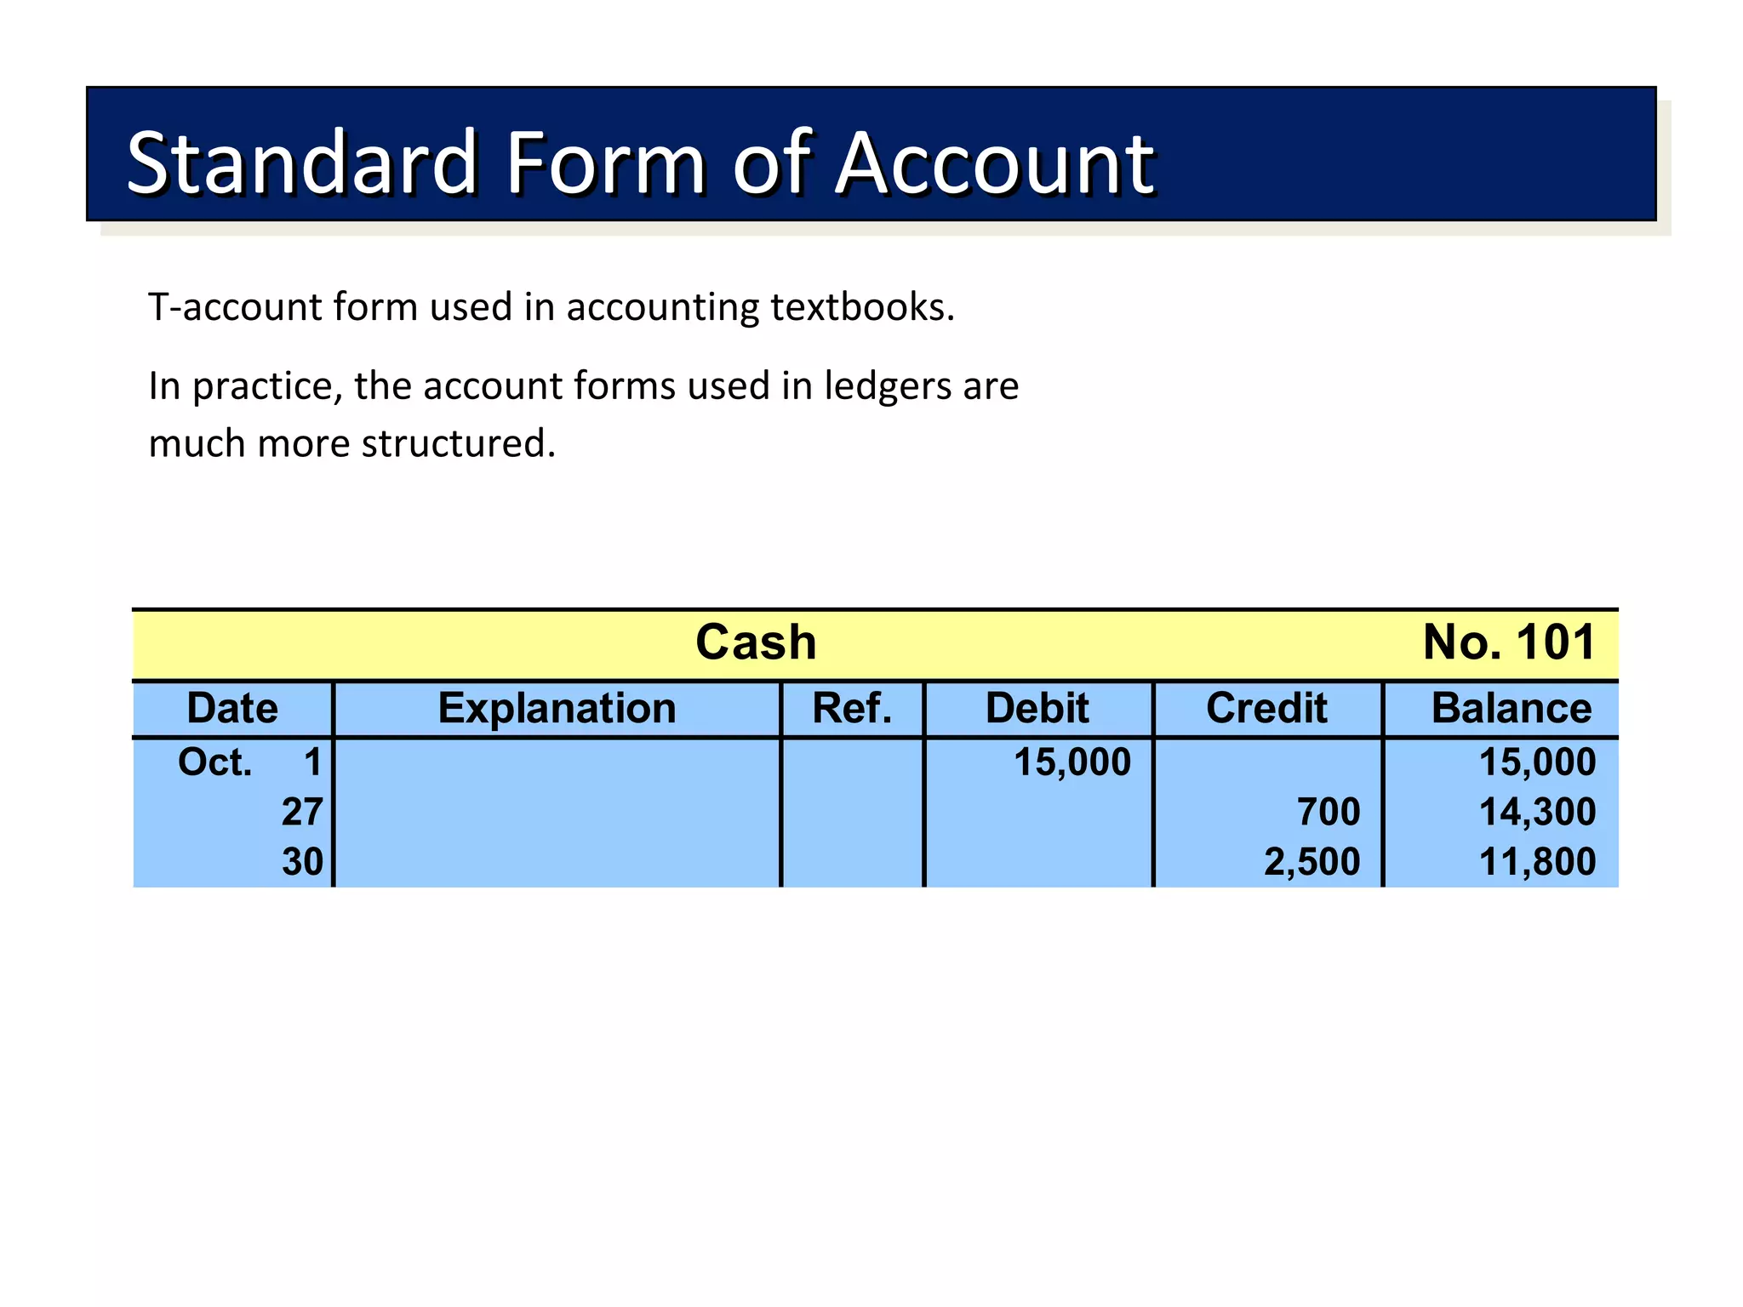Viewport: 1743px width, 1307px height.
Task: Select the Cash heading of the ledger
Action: pos(756,642)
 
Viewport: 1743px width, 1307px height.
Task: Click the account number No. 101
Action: pos(1509,642)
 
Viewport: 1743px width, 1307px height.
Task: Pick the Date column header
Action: pos(232,709)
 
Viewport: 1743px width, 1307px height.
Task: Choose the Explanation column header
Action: pos(557,709)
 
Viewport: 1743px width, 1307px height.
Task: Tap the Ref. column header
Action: pos(852,709)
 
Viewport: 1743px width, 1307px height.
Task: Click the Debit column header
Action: pos(1037,709)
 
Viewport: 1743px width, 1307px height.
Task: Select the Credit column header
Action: pos(1266,709)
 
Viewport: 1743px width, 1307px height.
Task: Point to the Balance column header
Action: pos(1512,709)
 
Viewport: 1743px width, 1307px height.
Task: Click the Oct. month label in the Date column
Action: pos(214,762)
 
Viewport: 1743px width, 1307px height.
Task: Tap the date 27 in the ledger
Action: pos(302,812)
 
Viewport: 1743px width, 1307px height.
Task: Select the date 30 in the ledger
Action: pos(302,862)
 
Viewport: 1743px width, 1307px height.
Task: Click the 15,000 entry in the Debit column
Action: pos(1072,762)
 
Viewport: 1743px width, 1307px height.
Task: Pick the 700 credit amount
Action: pos(1329,812)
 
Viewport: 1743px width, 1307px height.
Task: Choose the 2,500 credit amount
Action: pos(1312,862)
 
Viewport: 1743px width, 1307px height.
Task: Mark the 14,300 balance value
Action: pos(1537,812)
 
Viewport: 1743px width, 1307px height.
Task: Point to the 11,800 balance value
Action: pos(1537,862)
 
